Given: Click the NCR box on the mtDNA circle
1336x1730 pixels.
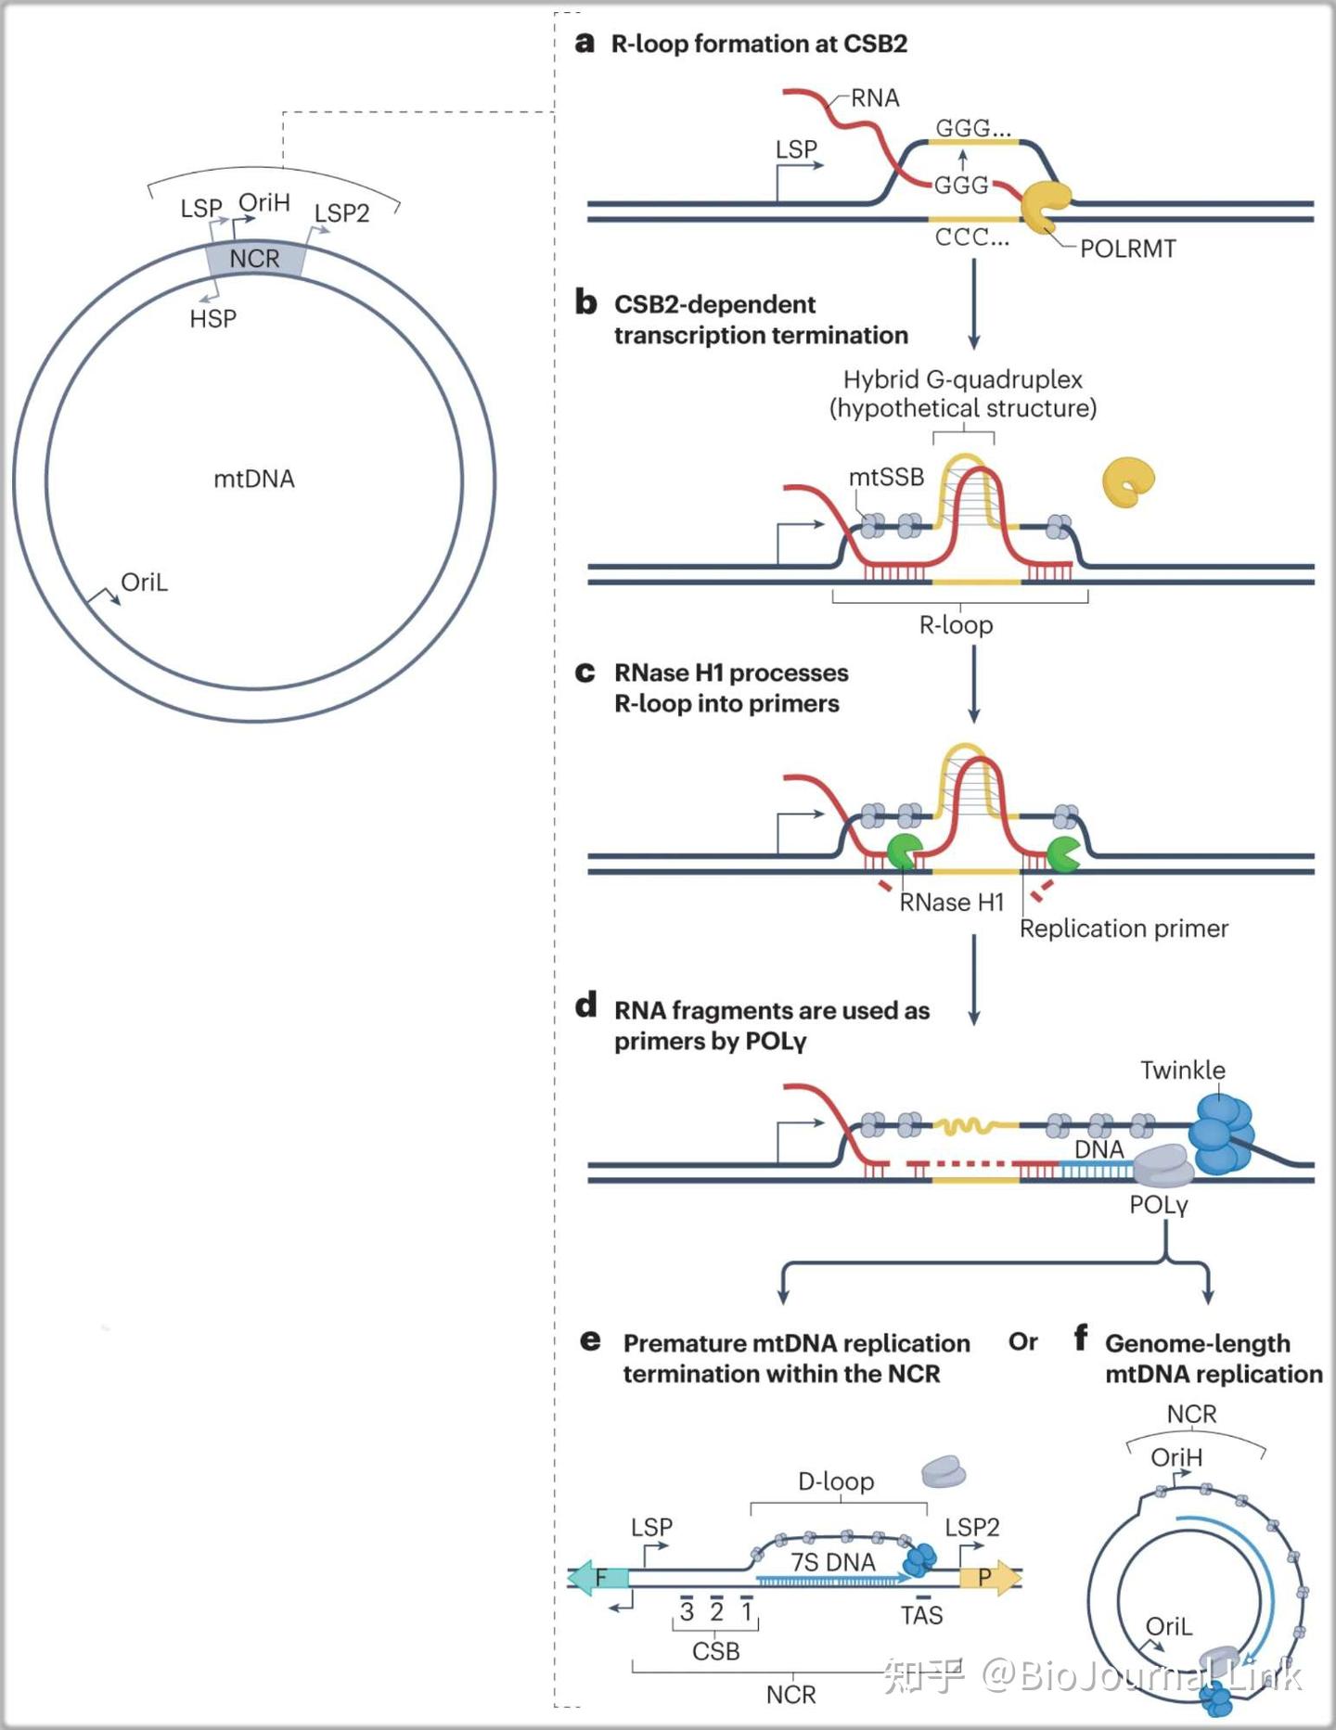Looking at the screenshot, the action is pos(255,258).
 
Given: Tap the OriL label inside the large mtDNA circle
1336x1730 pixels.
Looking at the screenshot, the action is pos(145,583).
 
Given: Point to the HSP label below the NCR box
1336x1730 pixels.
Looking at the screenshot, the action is pos(213,319).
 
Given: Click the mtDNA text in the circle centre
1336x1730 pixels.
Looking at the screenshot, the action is pos(254,479).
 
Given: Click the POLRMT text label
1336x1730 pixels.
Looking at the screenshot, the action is pos(1128,249).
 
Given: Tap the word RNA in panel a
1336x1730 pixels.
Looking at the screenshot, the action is pos(875,97).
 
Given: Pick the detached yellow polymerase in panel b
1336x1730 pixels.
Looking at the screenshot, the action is pos(1128,482).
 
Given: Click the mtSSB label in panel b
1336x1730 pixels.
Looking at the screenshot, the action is pos(886,477).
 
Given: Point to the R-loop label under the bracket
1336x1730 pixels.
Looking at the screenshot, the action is pos(956,625).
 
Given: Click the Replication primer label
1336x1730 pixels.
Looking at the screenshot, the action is pos(1124,929).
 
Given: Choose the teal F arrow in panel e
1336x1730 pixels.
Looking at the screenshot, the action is pos(598,1577).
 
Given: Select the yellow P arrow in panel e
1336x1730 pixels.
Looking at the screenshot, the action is pos(989,1577).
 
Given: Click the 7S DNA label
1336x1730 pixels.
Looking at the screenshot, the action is pos(833,1563).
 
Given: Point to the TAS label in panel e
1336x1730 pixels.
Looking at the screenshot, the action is pos(921,1616).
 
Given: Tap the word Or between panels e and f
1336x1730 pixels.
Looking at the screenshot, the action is pos(1023,1342).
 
